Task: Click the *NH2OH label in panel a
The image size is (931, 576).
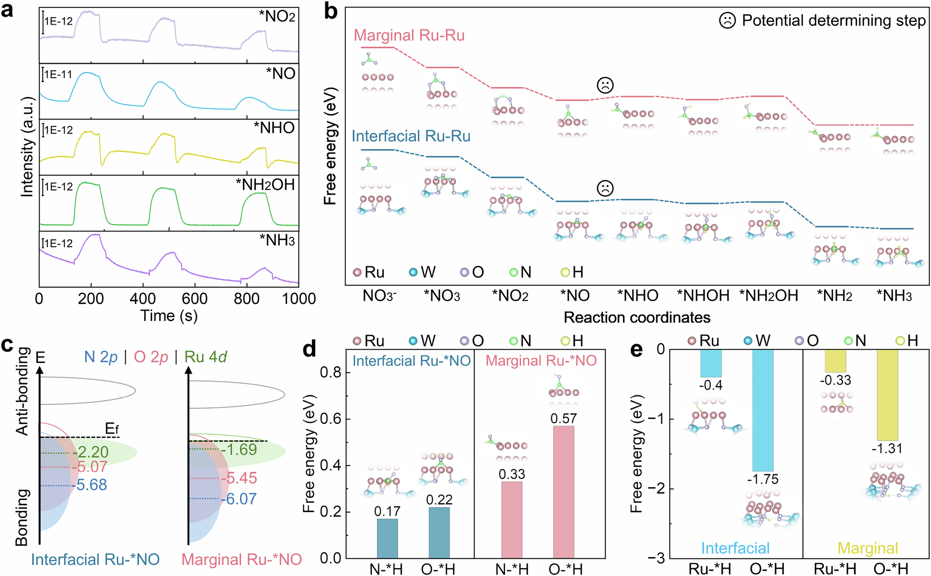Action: click(x=265, y=185)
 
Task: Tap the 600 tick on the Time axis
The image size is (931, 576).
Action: click(x=195, y=299)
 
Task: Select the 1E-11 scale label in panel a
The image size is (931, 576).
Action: click(x=58, y=75)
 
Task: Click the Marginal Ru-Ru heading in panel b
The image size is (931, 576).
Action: click(x=409, y=35)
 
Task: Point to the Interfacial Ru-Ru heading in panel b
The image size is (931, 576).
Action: click(x=411, y=136)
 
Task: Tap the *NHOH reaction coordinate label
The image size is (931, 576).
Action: click(x=703, y=296)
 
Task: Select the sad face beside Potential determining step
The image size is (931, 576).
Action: click(x=727, y=20)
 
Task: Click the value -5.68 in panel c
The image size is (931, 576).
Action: click(x=91, y=485)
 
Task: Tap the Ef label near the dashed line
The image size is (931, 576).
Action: click(x=112, y=428)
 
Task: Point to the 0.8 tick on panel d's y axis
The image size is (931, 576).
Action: click(x=331, y=373)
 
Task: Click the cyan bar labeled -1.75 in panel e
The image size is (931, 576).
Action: click(x=762, y=410)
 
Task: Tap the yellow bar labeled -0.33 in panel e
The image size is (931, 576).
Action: click(x=835, y=361)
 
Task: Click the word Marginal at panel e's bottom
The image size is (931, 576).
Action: click(x=868, y=548)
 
